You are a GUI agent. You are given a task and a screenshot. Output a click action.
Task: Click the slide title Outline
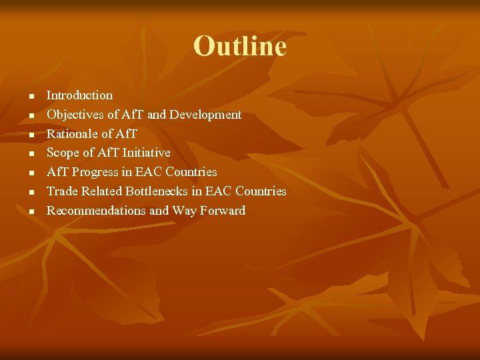point(239,46)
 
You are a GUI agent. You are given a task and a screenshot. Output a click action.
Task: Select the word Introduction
point(79,95)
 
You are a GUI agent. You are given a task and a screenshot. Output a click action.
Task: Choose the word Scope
point(62,153)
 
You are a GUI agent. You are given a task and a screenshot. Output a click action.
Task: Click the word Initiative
point(143,153)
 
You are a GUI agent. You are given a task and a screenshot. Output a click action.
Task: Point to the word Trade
point(61,191)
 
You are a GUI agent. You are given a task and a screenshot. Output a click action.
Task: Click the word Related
point(100,191)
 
